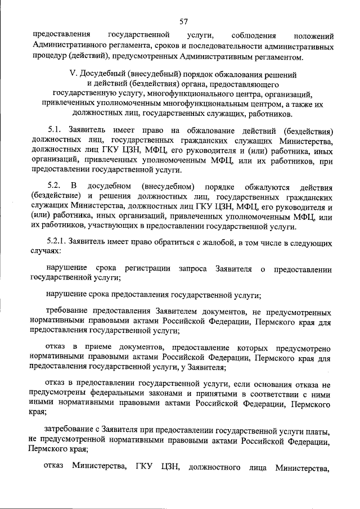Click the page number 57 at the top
183,21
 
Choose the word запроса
193,269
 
